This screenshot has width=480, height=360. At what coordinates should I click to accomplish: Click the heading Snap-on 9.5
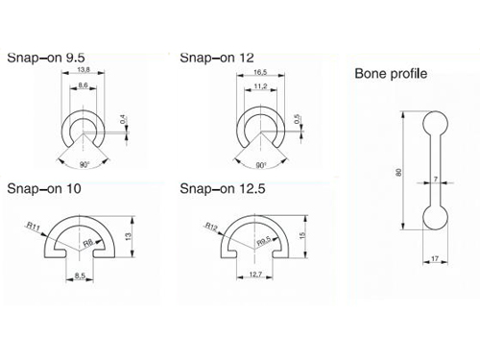point(46,58)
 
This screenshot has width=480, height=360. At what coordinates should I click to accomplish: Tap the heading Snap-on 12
point(217,58)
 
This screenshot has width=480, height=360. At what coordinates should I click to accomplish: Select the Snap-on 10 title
point(44,188)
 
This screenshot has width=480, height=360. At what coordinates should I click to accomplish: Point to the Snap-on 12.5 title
point(223,188)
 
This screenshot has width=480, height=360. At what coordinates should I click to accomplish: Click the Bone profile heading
point(391,74)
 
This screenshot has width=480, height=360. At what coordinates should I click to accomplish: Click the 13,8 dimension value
point(84,69)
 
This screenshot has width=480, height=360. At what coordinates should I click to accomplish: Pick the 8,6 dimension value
point(83,85)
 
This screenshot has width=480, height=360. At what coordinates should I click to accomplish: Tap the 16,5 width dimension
point(260,72)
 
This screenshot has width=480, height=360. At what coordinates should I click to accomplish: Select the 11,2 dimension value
point(260,86)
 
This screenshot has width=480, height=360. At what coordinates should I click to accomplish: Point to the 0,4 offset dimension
point(123,119)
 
